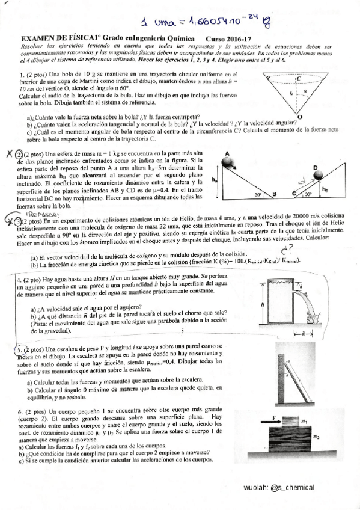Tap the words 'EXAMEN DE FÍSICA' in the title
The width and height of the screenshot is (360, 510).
40,39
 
